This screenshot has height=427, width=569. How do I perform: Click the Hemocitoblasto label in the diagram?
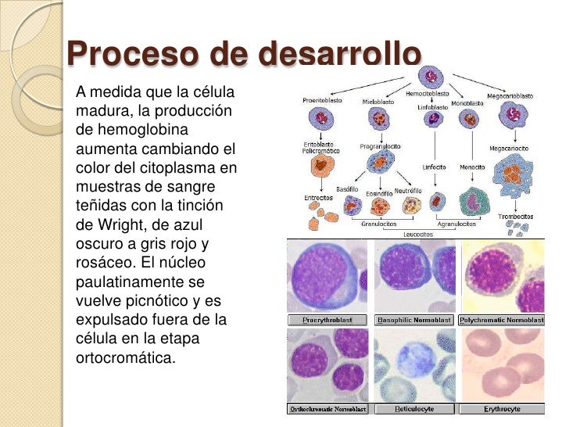click(427, 93)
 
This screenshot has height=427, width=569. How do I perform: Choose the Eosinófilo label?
click(378, 192)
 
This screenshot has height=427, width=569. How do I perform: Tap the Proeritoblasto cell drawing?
click(320, 119)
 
